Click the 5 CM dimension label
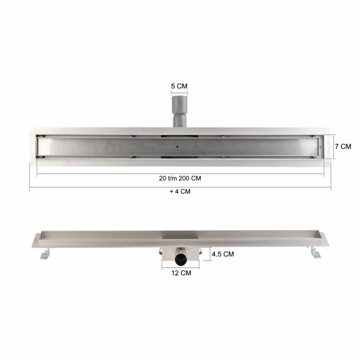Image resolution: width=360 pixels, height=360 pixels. pos(179,86)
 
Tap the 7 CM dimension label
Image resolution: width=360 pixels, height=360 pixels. pos(343,146)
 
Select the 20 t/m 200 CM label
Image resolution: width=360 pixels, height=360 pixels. pos(180,178)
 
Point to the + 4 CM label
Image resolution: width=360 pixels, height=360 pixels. pos(180,191)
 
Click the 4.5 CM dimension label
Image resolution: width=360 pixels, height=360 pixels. pos(223,254)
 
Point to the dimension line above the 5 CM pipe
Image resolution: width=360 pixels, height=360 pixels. pos(179,93)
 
